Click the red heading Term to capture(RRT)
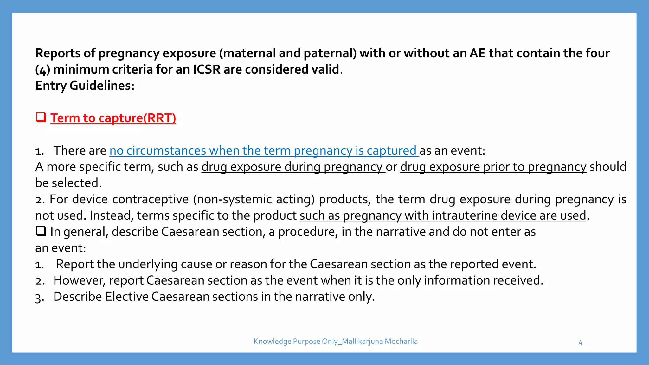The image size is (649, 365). click(x=113, y=118)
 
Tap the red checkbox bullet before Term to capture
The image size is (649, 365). click(x=41, y=118)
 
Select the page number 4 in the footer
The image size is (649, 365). click(x=580, y=343)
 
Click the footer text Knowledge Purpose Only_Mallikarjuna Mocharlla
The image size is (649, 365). click(x=335, y=341)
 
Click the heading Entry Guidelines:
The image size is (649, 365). click(x=85, y=86)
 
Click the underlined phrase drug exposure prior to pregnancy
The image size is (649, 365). click(x=493, y=167)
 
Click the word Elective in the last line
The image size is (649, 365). click(x=127, y=297)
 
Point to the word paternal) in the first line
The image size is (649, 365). click(x=330, y=53)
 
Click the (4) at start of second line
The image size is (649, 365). click(x=42, y=70)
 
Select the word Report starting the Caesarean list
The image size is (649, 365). click(x=75, y=264)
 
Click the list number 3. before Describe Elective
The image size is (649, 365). click(x=39, y=298)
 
